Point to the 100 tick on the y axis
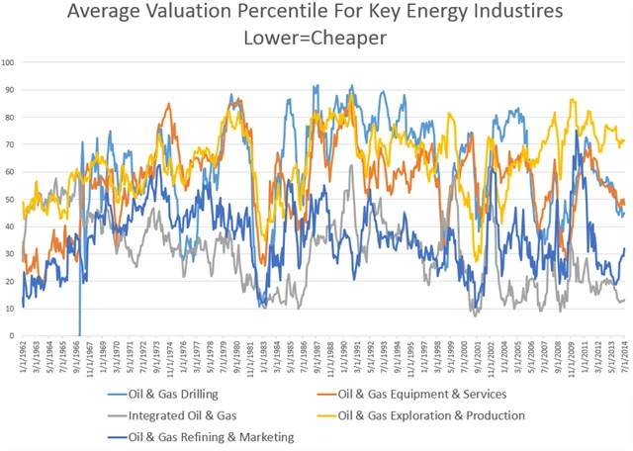(9, 61)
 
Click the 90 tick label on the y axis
(9, 89)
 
